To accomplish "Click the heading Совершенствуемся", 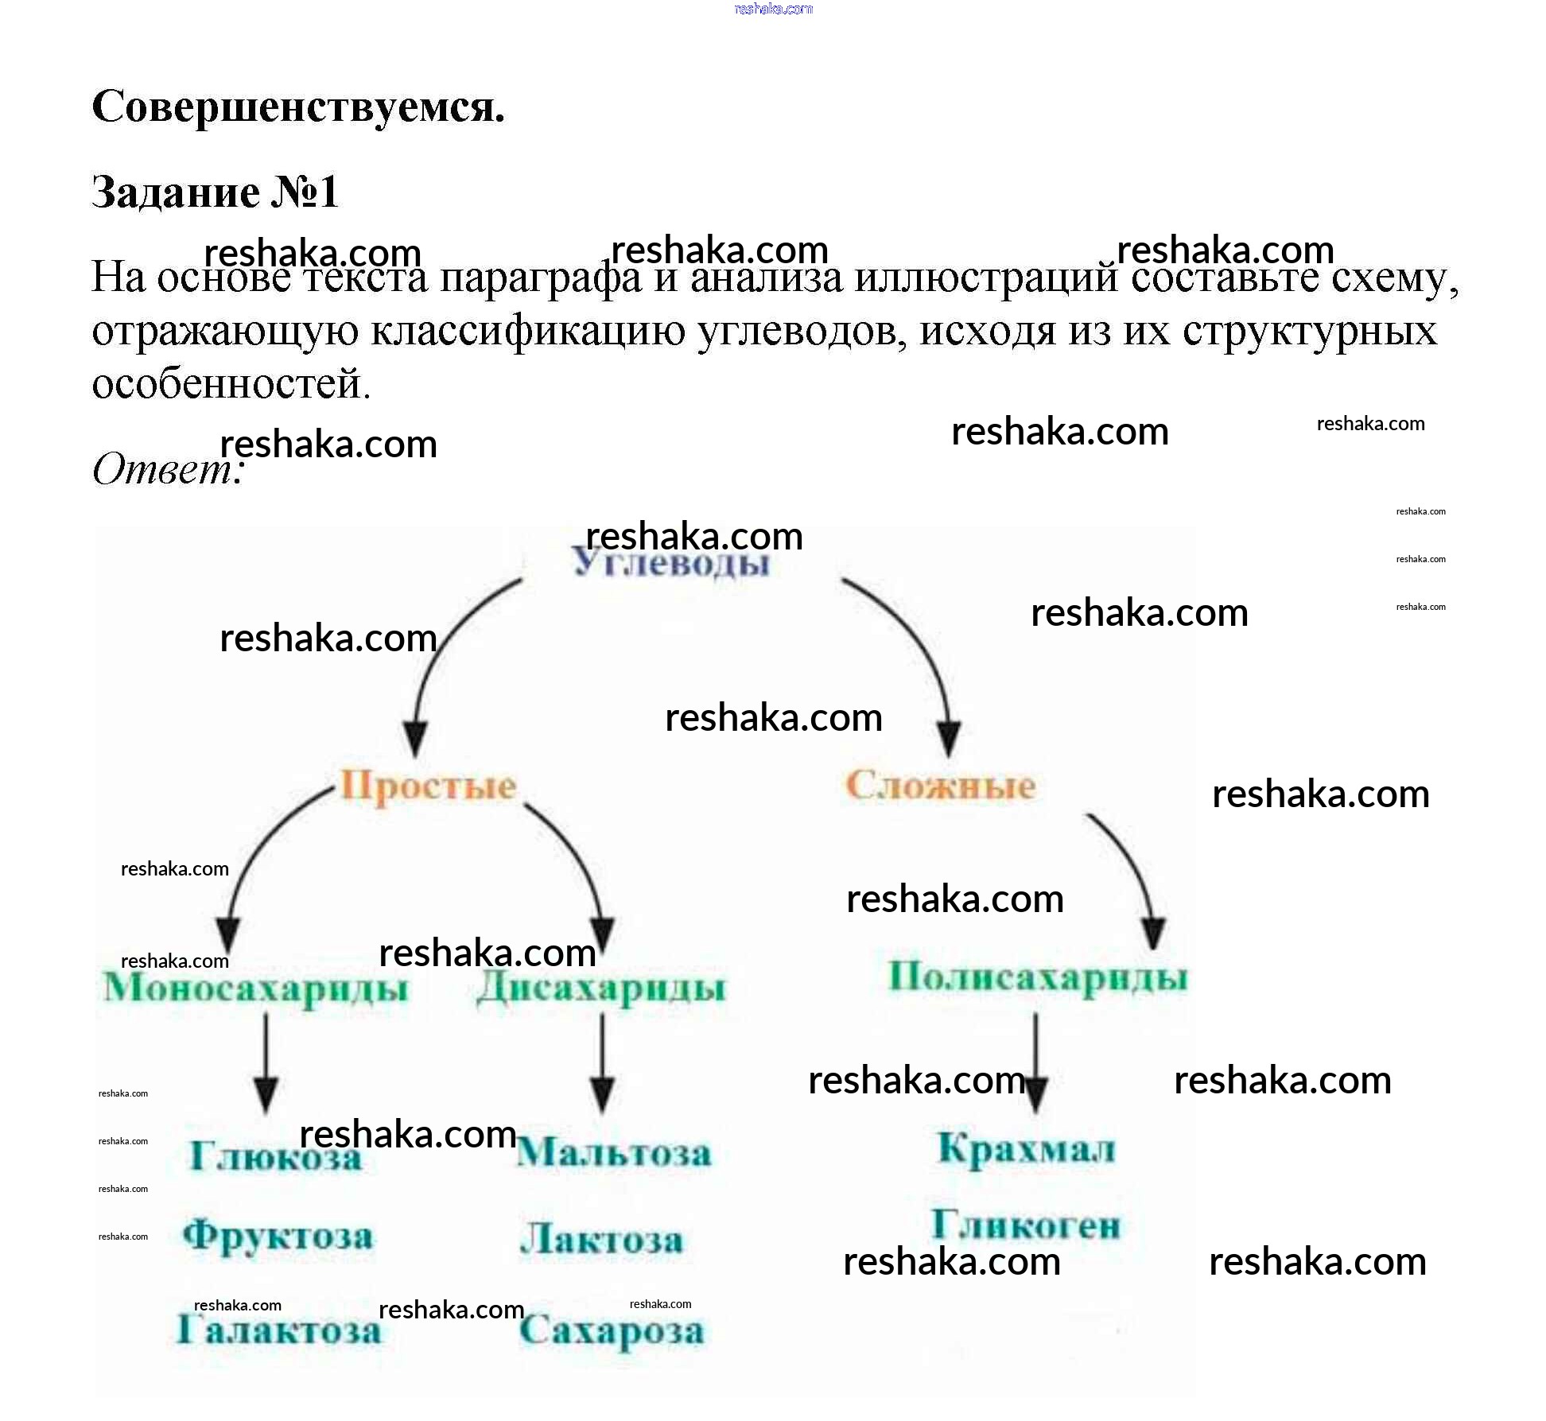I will coord(298,107).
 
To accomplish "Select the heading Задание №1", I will coord(215,192).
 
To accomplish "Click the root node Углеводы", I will coord(672,564).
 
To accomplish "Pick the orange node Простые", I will coord(429,786).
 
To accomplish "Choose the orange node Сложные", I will coord(940,786).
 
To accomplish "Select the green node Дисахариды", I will coord(601,988).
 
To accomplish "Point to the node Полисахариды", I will coord(1037,977).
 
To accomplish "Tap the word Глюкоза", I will coord(275,1156).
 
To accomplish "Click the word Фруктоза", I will coord(278,1236).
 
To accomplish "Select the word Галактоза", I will coord(278,1330).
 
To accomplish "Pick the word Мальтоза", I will coord(614,1152).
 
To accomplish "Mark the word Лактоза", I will coord(602,1240).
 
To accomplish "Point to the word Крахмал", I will coord(1026,1149).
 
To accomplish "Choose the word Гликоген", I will coord(1026,1225).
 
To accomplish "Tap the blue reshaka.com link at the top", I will coord(773,9).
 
